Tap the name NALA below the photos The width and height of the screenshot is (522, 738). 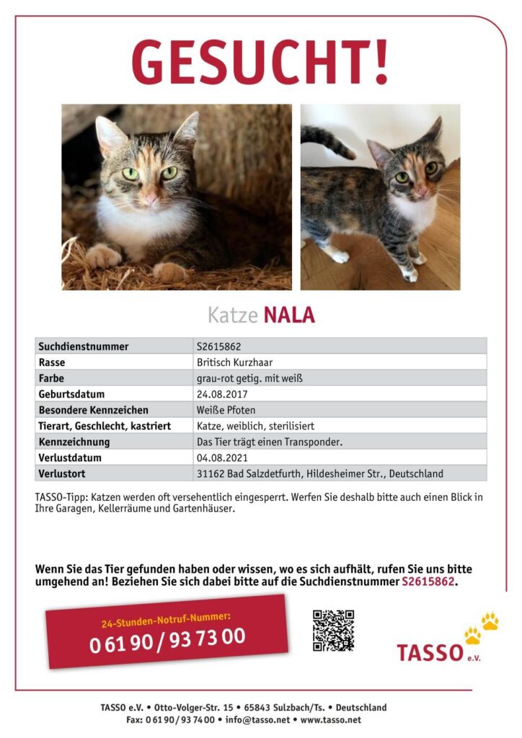(289, 316)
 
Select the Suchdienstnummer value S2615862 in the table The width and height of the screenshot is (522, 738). (219, 347)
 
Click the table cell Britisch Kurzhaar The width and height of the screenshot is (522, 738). (234, 363)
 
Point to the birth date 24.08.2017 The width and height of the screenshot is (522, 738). (222, 394)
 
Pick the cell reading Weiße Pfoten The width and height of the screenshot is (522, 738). (226, 410)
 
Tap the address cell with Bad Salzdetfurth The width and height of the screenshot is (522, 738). (319, 474)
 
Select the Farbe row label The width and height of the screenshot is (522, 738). (52, 378)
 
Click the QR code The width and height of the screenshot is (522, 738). (333, 630)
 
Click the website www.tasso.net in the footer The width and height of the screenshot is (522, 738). (330, 719)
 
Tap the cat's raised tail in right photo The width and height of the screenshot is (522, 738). (327, 141)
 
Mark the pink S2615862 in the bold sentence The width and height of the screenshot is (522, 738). (428, 582)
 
